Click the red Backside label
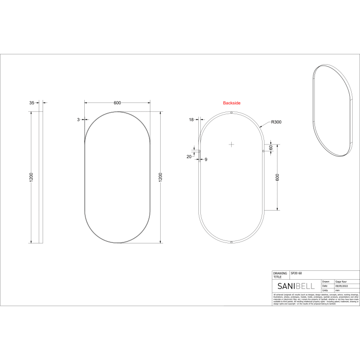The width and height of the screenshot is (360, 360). (x=232, y=103)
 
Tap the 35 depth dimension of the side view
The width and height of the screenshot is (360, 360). (x=32, y=103)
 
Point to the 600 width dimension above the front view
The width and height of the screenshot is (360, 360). (x=117, y=103)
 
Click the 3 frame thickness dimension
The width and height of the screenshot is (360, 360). (x=78, y=120)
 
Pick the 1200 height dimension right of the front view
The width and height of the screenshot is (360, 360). (x=160, y=177)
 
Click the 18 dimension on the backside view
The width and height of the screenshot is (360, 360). (x=191, y=120)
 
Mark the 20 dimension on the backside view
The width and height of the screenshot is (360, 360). (x=189, y=156)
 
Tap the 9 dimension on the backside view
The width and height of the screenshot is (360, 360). (x=206, y=159)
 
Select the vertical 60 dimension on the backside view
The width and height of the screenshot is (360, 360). (x=270, y=148)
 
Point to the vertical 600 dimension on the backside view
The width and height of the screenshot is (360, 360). (x=277, y=178)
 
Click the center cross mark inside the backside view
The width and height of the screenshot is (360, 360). (x=232, y=144)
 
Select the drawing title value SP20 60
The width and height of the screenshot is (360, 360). (x=297, y=272)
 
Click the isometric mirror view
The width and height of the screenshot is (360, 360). (x=332, y=110)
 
